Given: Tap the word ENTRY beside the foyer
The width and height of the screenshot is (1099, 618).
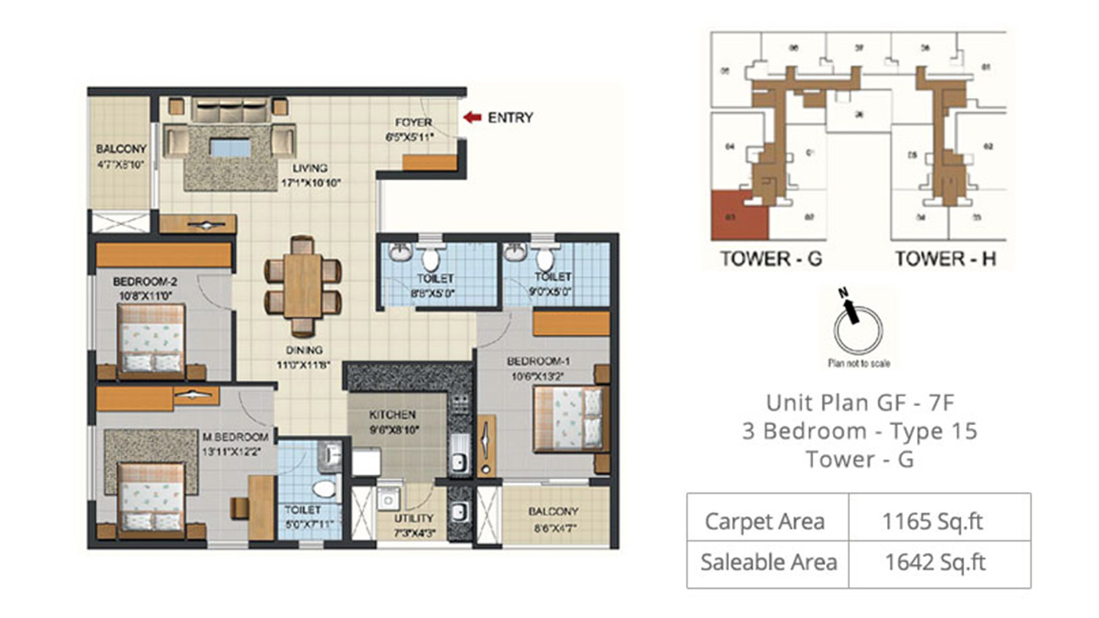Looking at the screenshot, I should (510, 118).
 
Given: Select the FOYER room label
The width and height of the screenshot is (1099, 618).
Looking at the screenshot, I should (413, 123).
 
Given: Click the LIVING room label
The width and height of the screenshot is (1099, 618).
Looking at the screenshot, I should (308, 168).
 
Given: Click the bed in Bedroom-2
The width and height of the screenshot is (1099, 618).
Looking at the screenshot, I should (152, 338).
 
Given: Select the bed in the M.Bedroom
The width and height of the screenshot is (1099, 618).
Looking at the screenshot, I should (152, 494).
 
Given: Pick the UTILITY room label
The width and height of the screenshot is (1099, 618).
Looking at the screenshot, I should (414, 518).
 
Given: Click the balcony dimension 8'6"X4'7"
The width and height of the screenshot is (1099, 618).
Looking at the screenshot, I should (555, 525).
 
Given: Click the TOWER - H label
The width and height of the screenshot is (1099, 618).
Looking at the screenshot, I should (945, 258).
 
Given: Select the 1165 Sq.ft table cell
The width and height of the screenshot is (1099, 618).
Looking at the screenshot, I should (939, 520).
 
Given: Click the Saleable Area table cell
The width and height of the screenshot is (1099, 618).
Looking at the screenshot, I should (768, 562).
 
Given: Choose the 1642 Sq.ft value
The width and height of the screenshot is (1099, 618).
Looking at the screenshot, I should (939, 562).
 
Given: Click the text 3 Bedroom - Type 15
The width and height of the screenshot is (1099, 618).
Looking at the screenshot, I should (859, 431).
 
